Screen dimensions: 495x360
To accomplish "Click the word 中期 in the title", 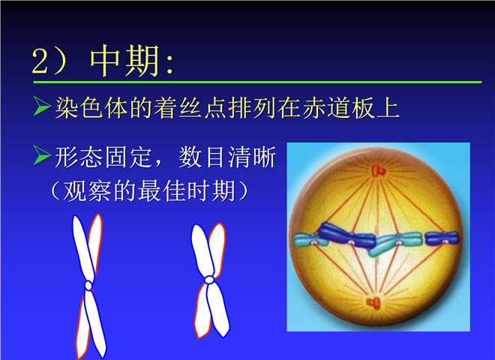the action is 124,61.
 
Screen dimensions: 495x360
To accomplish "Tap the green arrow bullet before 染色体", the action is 42,106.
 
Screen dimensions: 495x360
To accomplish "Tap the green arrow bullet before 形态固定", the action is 42,155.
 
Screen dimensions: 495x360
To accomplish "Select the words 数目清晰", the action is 227,157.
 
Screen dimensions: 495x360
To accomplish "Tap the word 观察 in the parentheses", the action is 87,191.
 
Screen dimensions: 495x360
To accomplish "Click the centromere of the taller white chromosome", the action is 88,286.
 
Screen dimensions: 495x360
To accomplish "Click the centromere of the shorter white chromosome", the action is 209,280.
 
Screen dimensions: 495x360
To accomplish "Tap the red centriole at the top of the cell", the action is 378,171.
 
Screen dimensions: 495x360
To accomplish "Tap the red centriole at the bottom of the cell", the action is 373,303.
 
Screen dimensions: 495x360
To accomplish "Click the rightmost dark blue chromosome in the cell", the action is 441,238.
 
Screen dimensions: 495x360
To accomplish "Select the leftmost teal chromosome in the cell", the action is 310,240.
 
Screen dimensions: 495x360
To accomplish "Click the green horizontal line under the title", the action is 257,82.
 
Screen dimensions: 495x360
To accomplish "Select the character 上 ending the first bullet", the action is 388,108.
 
